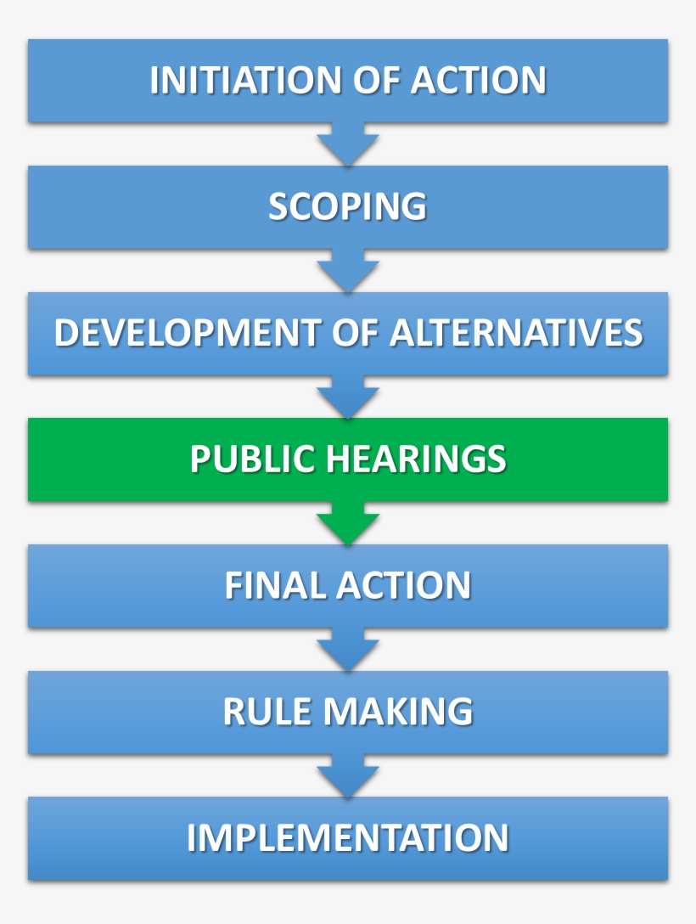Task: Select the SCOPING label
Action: click(347, 206)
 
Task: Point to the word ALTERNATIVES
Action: click(516, 333)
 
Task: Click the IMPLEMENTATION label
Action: click(347, 838)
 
